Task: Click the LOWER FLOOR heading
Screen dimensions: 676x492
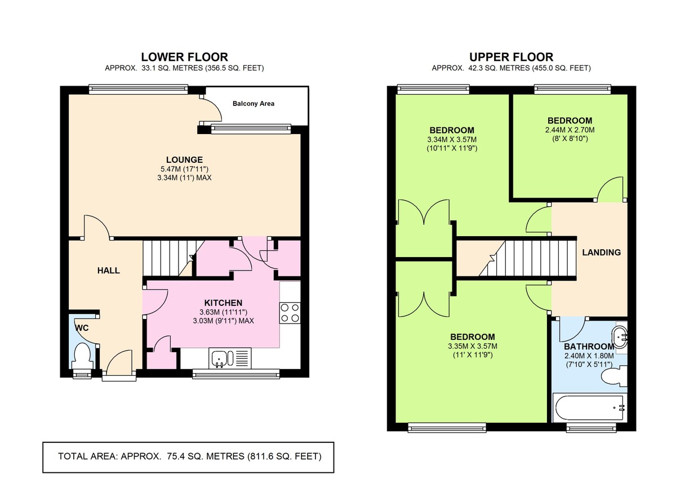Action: pos(184,57)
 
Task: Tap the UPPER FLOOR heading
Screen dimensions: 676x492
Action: pos(512,57)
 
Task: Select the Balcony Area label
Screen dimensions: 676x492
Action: pos(253,104)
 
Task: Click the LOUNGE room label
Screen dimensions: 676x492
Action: pos(184,159)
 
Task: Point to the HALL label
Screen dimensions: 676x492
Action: pos(109,271)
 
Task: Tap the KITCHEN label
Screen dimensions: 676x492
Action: pos(223,303)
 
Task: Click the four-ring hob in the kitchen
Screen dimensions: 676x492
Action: pos(290,313)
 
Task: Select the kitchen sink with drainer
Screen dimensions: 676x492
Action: pos(230,358)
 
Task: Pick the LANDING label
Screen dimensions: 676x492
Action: pos(601,252)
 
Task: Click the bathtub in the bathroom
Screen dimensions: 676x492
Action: pos(590,408)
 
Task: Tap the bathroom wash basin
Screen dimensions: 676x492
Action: pos(620,336)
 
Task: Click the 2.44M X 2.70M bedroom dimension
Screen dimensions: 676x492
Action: pos(570,130)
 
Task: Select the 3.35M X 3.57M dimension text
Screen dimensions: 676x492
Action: pos(473,346)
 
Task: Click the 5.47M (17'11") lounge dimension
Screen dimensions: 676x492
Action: pos(184,169)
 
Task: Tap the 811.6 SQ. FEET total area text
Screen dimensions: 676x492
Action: pos(284,456)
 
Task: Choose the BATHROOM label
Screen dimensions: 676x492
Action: pos(589,347)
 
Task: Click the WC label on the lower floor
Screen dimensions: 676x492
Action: pos(82,328)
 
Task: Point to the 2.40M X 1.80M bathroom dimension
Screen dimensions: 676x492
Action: pos(589,356)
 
